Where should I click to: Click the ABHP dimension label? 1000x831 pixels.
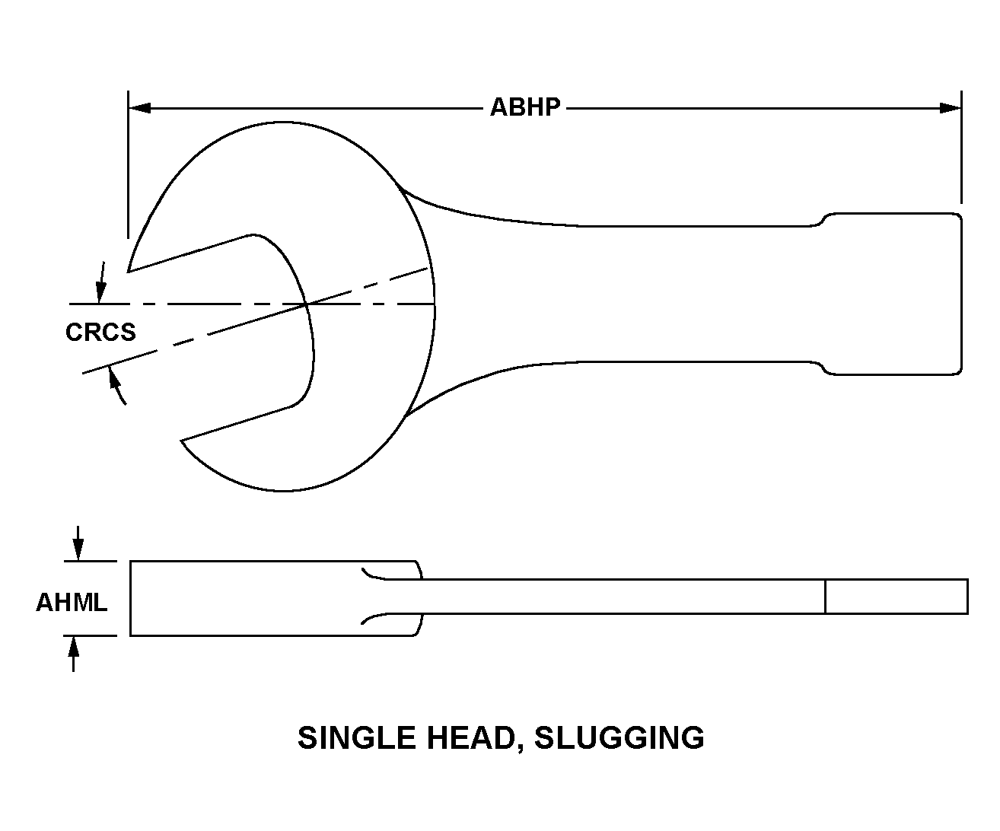tap(525, 107)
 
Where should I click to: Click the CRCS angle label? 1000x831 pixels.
tap(100, 332)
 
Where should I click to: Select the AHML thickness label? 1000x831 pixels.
tap(72, 603)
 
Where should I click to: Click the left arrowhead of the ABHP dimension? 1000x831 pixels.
tap(140, 108)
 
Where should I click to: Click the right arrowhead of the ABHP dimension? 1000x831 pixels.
tap(951, 108)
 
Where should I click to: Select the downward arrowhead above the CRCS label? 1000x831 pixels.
tap(100, 291)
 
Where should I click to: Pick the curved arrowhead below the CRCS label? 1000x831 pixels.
tap(114, 377)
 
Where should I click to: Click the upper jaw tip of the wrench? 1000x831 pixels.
tap(128, 272)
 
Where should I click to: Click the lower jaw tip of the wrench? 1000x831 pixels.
tap(181, 440)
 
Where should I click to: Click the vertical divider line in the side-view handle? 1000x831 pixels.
tap(825, 597)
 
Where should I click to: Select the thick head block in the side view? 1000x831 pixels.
tap(275, 598)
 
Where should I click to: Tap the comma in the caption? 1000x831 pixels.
tap(521, 747)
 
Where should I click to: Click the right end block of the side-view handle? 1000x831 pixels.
tap(896, 597)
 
